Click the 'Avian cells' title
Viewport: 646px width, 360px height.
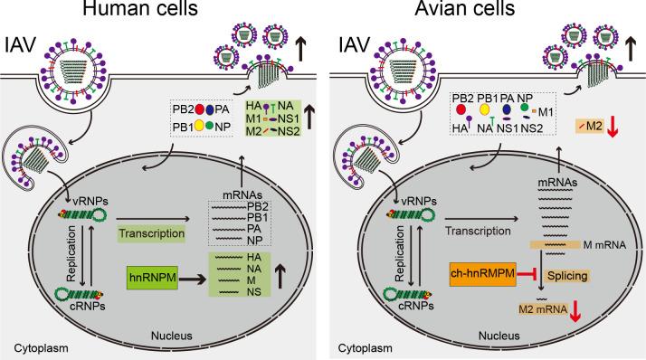[x=489, y=12]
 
